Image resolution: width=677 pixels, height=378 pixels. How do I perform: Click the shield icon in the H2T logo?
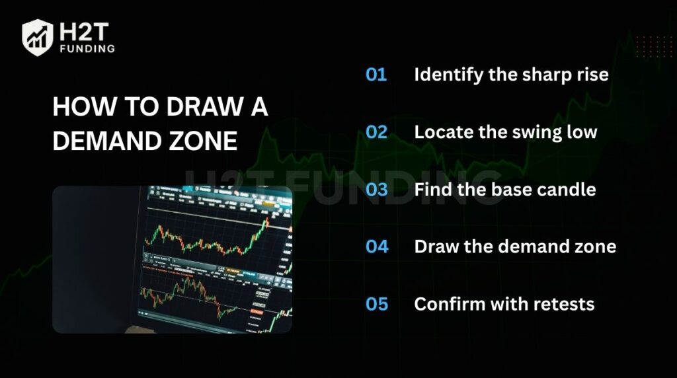(38, 37)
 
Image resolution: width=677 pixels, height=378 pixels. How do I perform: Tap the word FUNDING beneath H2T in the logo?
(86, 48)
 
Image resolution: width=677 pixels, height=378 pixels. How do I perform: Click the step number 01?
(376, 75)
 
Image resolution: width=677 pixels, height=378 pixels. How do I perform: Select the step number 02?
(376, 132)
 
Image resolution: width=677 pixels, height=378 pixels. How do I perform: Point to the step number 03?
(376, 190)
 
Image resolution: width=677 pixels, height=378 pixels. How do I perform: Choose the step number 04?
(377, 247)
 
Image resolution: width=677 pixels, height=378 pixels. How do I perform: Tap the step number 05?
(377, 305)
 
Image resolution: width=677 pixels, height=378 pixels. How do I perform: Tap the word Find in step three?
(430, 190)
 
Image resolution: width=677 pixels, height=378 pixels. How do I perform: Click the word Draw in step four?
(433, 247)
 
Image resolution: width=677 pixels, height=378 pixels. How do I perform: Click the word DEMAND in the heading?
(102, 141)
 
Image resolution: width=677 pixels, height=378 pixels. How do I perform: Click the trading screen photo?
(172, 259)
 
